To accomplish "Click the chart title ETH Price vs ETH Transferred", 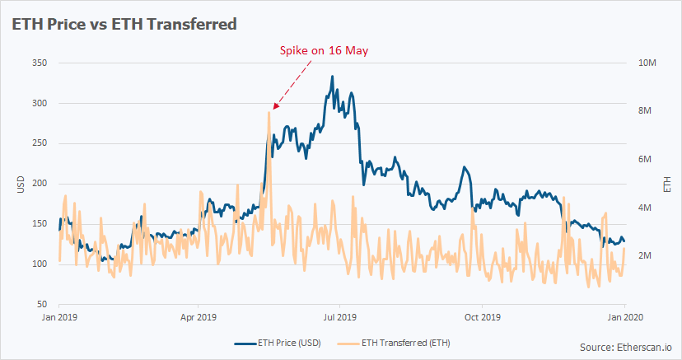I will point(124,24).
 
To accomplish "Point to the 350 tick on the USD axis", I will point(38,63).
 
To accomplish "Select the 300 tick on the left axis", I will point(38,104).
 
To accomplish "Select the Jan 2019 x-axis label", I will point(59,316).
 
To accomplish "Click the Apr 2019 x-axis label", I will point(199,316).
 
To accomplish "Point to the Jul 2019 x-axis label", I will point(340,316).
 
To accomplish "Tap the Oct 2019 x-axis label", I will point(482,316).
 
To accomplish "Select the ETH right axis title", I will point(666,184).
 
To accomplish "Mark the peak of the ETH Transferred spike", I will point(269,112).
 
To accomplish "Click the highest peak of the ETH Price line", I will point(332,77).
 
